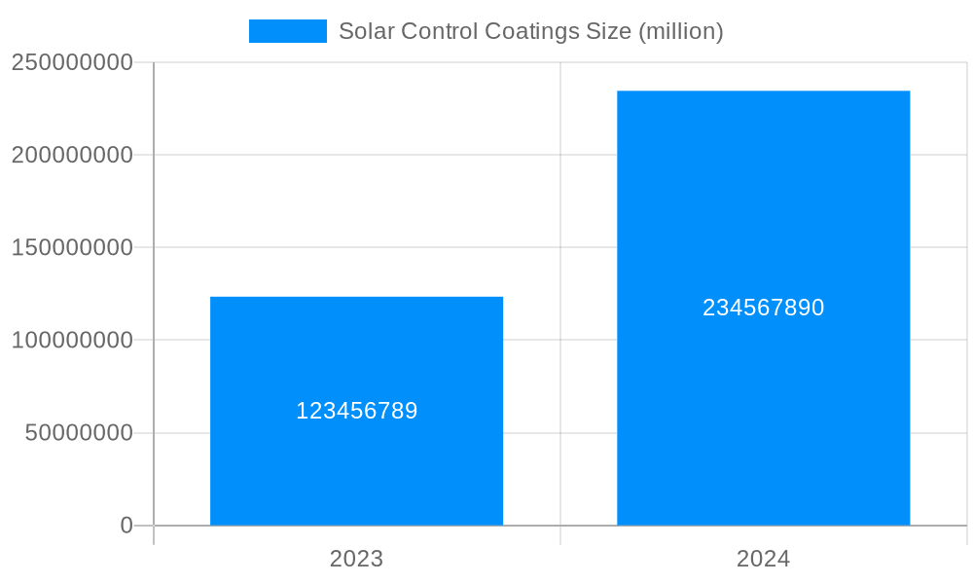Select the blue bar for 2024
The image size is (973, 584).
coord(763,409)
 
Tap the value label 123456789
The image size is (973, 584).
coord(356,411)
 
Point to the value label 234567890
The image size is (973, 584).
coord(763,308)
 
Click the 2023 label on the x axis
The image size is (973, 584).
coord(356,559)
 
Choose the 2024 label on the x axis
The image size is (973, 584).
coord(763,559)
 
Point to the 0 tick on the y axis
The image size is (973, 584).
coord(126,526)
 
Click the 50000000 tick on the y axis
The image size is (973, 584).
coord(79,433)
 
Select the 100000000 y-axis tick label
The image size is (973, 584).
coord(72,341)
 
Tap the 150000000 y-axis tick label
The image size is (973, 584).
coord(72,247)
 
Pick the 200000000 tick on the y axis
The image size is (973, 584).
coord(72,155)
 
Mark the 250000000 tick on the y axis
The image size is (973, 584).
coord(72,62)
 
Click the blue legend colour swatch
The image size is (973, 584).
coord(287,31)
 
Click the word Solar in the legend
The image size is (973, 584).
coord(362,31)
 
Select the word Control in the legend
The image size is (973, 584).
coord(431,31)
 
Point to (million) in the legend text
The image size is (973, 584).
coord(680,31)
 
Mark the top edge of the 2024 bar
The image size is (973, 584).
coord(763,91)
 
